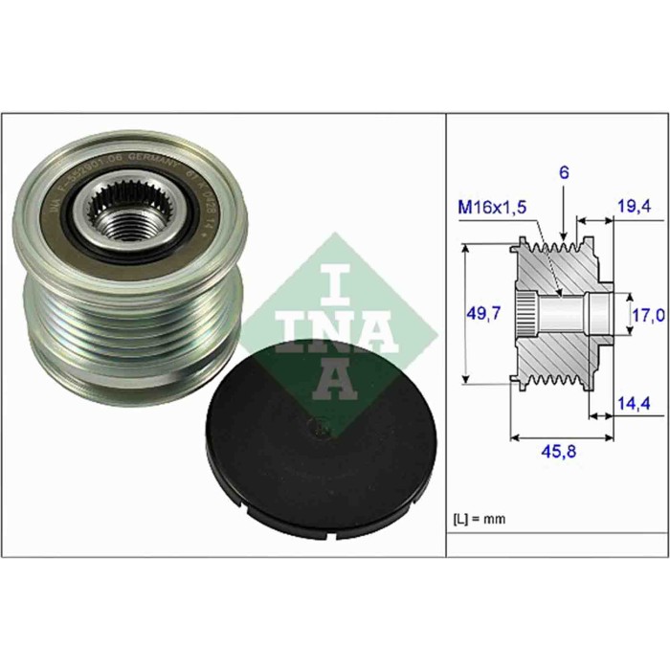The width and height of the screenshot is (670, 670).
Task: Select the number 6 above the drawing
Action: [x=565, y=172]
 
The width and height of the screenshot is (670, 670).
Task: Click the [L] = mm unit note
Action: [x=478, y=519]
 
